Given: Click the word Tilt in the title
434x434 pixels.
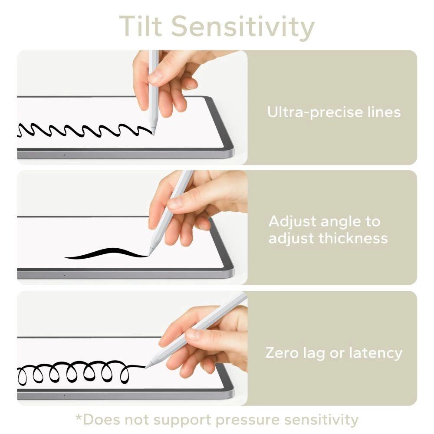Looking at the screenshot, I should (140, 26).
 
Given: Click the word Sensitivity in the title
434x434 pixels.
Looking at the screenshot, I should (242, 27).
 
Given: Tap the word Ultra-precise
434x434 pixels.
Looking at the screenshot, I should (312, 112).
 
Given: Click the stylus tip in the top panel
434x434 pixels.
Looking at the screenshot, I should (153, 132).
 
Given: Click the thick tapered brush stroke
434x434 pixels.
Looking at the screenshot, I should (106, 253).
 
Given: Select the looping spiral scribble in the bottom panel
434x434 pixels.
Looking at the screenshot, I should (74, 372).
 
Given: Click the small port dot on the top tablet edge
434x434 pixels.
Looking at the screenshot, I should (65, 155).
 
